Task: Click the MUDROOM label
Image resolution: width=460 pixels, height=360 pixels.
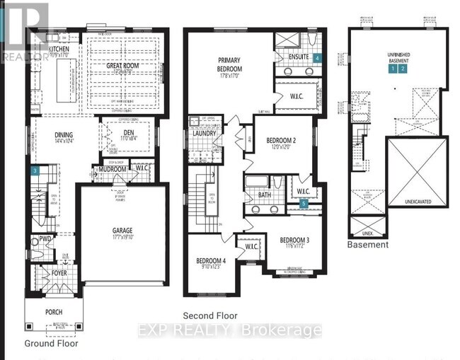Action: pyautogui.click(x=112, y=170)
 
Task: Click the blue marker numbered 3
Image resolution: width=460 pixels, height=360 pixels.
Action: pyautogui.click(x=35, y=170)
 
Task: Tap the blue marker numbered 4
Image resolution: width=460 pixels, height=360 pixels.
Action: pyautogui.click(x=318, y=57)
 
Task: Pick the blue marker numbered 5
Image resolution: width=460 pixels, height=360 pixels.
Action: pyautogui.click(x=304, y=204)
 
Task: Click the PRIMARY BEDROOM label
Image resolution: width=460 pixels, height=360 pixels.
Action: pyautogui.click(x=229, y=65)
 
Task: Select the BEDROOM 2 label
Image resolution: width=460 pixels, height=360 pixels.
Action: pyautogui.click(x=281, y=141)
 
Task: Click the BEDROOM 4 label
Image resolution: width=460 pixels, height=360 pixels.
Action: pyautogui.click(x=211, y=261)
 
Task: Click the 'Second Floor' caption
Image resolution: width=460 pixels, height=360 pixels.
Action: pyautogui.click(x=209, y=316)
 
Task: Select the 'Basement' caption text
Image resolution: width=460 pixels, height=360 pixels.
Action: pyautogui.click(x=367, y=245)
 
